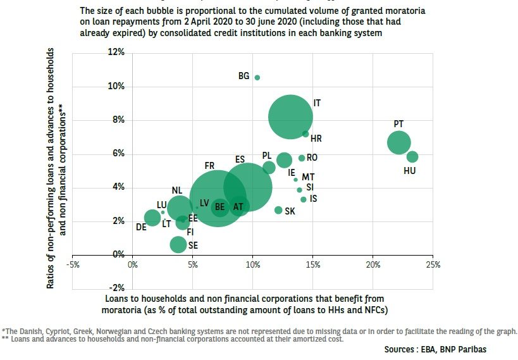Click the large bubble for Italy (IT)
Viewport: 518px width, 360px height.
pyautogui.click(x=290, y=116)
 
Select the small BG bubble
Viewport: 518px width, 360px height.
pyautogui.click(x=257, y=77)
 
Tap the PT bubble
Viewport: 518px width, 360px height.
pyautogui.click(x=398, y=142)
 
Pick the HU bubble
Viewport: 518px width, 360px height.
pyautogui.click(x=412, y=157)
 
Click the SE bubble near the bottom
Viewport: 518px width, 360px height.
pyautogui.click(x=178, y=244)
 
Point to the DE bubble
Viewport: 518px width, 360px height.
pyautogui.click(x=152, y=218)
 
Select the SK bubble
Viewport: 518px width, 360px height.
pyautogui.click(x=278, y=210)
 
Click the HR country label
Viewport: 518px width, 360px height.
pyautogui.click(x=316, y=138)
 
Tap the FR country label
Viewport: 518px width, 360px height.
pyautogui.click(x=209, y=166)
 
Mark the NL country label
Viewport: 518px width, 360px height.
pyautogui.click(x=177, y=190)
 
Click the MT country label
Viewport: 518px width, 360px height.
pyautogui.click(x=308, y=177)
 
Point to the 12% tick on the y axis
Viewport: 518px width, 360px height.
pyautogui.click(x=116, y=52)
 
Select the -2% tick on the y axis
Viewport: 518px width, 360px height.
pyautogui.click(x=116, y=289)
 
